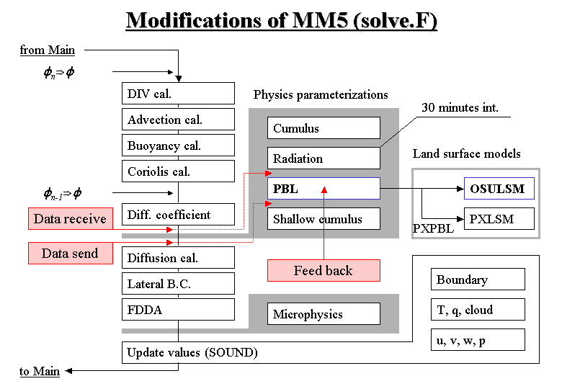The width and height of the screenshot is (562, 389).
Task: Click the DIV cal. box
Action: click(x=179, y=94)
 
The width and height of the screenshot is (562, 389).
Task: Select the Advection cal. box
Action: click(x=179, y=120)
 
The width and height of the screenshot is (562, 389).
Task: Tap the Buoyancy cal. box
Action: click(x=179, y=146)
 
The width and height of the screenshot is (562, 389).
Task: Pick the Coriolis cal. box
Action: click(x=179, y=171)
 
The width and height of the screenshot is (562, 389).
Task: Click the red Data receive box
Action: click(x=70, y=219)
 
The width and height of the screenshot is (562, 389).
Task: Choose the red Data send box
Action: click(x=70, y=254)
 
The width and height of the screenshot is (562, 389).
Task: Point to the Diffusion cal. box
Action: click(x=179, y=258)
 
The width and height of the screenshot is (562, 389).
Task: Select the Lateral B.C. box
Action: click(x=179, y=284)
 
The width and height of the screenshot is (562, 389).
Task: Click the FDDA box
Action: click(x=179, y=310)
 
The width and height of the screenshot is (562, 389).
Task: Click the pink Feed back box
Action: click(x=324, y=271)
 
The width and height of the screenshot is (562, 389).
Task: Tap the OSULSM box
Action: click(x=499, y=189)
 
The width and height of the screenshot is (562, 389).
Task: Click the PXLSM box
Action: click(x=499, y=219)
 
